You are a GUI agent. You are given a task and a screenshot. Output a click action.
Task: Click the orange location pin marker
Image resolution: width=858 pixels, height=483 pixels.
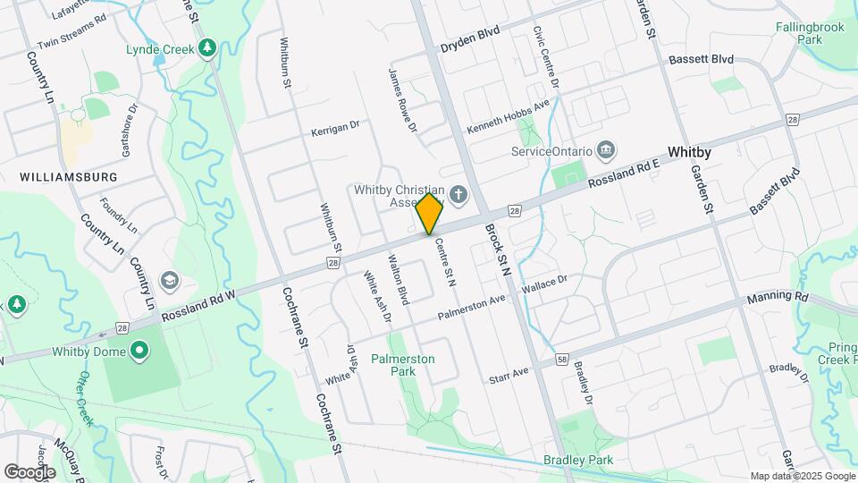point(429,214)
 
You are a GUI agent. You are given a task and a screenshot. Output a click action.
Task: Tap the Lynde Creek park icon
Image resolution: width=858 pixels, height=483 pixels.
point(208,47)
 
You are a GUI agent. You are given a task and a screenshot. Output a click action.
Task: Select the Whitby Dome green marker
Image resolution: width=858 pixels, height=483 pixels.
point(139,352)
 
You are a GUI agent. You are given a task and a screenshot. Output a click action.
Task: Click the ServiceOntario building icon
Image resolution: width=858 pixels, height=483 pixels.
point(606,148)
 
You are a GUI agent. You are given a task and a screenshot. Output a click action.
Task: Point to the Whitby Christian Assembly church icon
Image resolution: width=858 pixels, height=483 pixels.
point(458,194)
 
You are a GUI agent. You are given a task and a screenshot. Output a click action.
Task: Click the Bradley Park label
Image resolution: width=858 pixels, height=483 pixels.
point(577,460)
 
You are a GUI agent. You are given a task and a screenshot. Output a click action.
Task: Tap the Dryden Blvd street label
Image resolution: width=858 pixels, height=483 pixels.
point(469,45)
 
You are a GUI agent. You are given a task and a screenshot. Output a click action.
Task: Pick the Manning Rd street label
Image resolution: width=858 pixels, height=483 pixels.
point(778,296)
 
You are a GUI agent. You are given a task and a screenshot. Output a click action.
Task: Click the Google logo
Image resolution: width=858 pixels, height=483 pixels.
point(29,470)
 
